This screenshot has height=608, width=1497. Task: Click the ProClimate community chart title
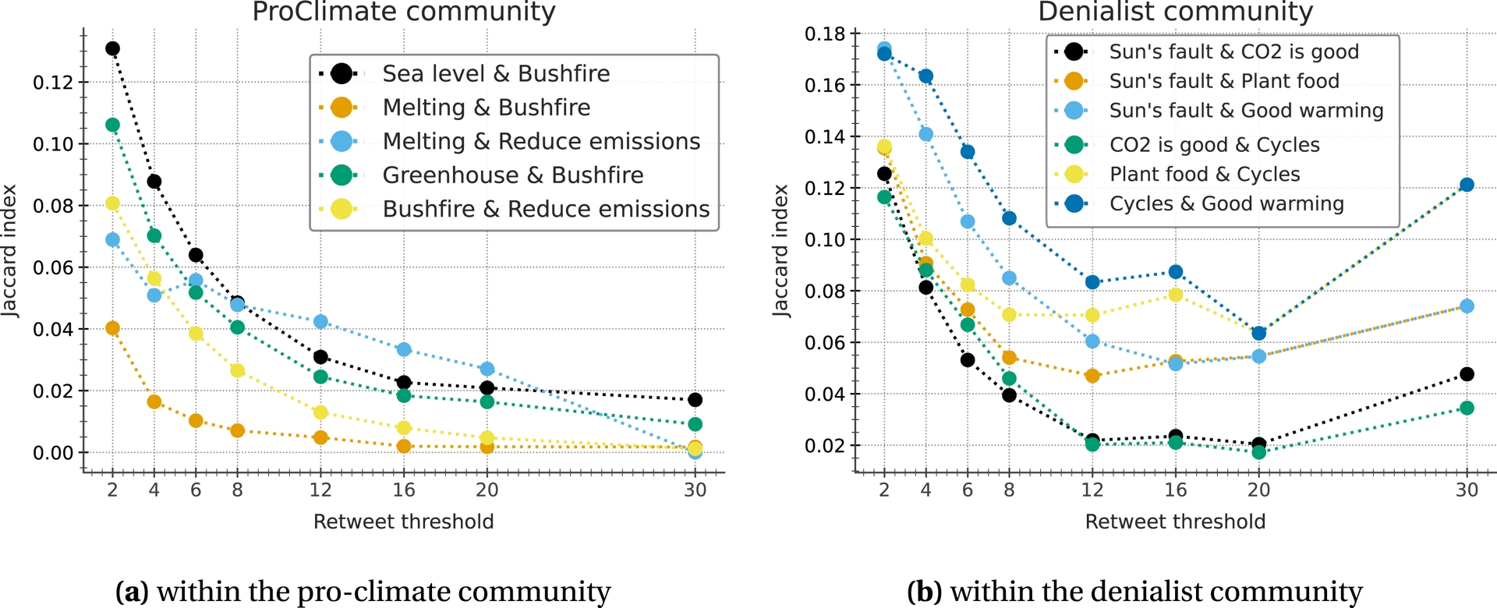(403, 12)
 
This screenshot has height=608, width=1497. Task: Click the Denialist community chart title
(1175, 12)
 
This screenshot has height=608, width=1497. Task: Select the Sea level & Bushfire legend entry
(496, 73)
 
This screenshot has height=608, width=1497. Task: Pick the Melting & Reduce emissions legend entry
(541, 141)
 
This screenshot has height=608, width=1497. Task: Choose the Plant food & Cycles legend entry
(1205, 174)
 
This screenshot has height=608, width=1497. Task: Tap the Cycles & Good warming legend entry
(1226, 203)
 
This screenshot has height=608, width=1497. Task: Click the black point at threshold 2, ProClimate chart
(112, 48)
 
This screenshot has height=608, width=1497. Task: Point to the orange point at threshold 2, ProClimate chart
(112, 328)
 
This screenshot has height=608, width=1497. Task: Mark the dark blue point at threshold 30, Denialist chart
(1467, 185)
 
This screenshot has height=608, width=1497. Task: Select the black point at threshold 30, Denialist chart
(1467, 374)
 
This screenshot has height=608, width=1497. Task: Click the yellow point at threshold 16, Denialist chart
(1176, 295)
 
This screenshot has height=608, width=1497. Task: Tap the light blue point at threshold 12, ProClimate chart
(320, 321)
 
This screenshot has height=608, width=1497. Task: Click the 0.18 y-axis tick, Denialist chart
(825, 34)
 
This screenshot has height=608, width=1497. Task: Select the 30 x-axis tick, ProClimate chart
(695, 490)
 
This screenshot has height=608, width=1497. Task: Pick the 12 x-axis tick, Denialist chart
(1092, 490)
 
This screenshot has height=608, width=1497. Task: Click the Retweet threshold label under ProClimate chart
(403, 521)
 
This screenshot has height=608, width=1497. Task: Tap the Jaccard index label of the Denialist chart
(780, 250)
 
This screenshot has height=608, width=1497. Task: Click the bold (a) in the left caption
(132, 592)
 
